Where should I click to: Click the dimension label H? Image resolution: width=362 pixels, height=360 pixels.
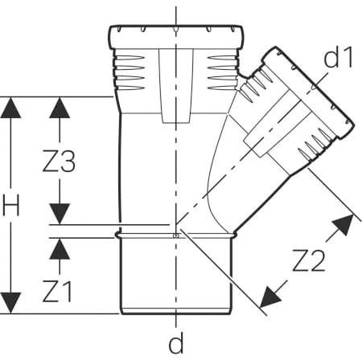tap(11, 205)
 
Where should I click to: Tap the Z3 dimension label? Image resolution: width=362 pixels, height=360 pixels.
tap(59, 162)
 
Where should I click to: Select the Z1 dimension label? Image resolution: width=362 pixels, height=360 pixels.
tap(57, 292)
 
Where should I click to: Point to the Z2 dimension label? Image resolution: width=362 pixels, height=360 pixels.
tap(309, 260)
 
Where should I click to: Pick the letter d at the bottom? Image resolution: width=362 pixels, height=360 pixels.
tap(176, 343)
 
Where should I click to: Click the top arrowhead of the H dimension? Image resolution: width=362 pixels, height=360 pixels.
tap(10, 108)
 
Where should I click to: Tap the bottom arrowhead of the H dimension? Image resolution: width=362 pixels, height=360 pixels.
tap(10, 303)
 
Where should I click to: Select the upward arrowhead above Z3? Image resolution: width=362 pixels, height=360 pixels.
tap(60, 108)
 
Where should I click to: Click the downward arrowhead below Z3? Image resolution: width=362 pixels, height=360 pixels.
tap(60, 214)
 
